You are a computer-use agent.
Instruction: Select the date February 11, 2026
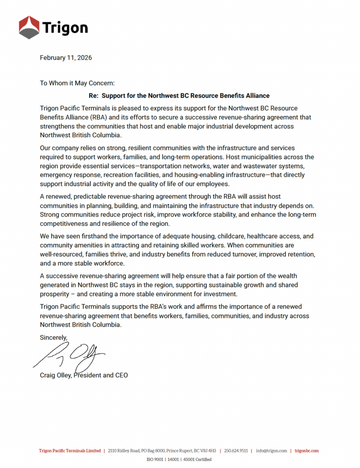point(66,58)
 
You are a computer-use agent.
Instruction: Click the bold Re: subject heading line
point(179,96)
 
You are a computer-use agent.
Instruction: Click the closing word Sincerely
point(54,337)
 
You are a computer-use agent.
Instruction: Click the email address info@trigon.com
point(272,451)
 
